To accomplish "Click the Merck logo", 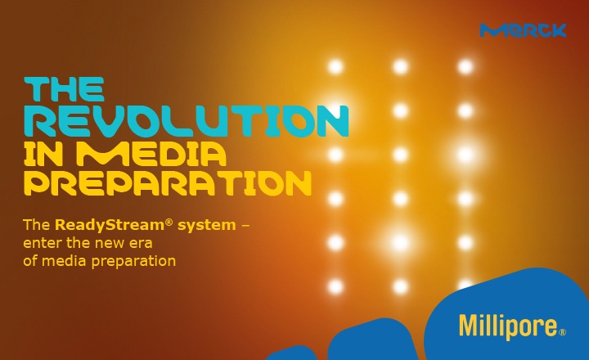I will (x=523, y=30).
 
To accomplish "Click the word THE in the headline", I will (x=65, y=89).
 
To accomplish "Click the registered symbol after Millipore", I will (x=562, y=332).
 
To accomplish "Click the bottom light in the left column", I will (x=336, y=286).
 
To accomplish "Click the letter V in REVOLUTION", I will (x=116, y=121).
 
